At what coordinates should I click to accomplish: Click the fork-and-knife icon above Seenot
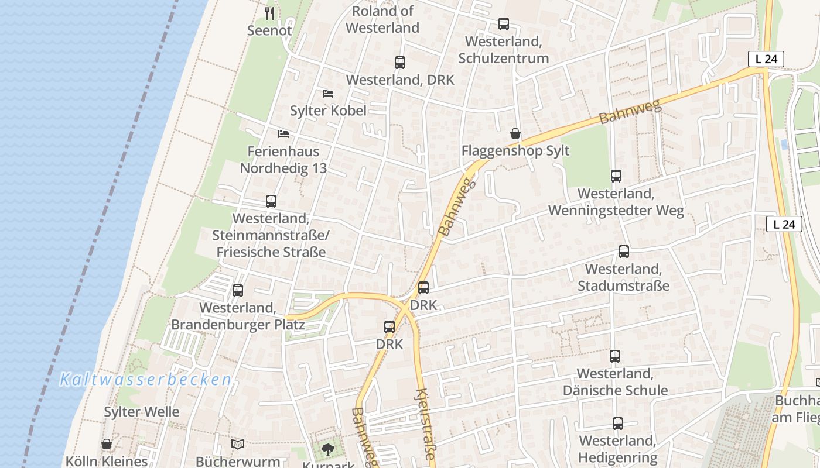point(269,13)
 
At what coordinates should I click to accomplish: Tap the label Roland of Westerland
point(382,19)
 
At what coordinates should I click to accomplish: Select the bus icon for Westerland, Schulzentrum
point(504,24)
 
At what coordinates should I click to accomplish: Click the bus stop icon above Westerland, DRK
point(400,63)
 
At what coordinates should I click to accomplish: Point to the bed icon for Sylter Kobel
point(328,94)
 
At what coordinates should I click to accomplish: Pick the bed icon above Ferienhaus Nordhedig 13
point(283,134)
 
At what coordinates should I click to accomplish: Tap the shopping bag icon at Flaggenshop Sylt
point(515,133)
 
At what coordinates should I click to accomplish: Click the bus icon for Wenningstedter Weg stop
point(616,176)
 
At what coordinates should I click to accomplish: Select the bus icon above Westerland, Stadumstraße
point(624,252)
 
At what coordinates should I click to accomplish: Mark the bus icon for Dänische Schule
point(615,356)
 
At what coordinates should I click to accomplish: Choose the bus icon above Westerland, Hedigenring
point(618,424)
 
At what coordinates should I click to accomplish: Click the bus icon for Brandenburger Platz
point(238,291)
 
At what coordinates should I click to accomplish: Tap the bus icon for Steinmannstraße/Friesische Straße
point(271,201)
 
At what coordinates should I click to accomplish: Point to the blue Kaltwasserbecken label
point(146,380)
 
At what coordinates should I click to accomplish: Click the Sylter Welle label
point(142,412)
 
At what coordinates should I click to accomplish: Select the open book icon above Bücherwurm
point(237,445)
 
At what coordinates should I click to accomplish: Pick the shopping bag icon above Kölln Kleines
point(107,445)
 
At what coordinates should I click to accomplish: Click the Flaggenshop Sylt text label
point(515,150)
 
